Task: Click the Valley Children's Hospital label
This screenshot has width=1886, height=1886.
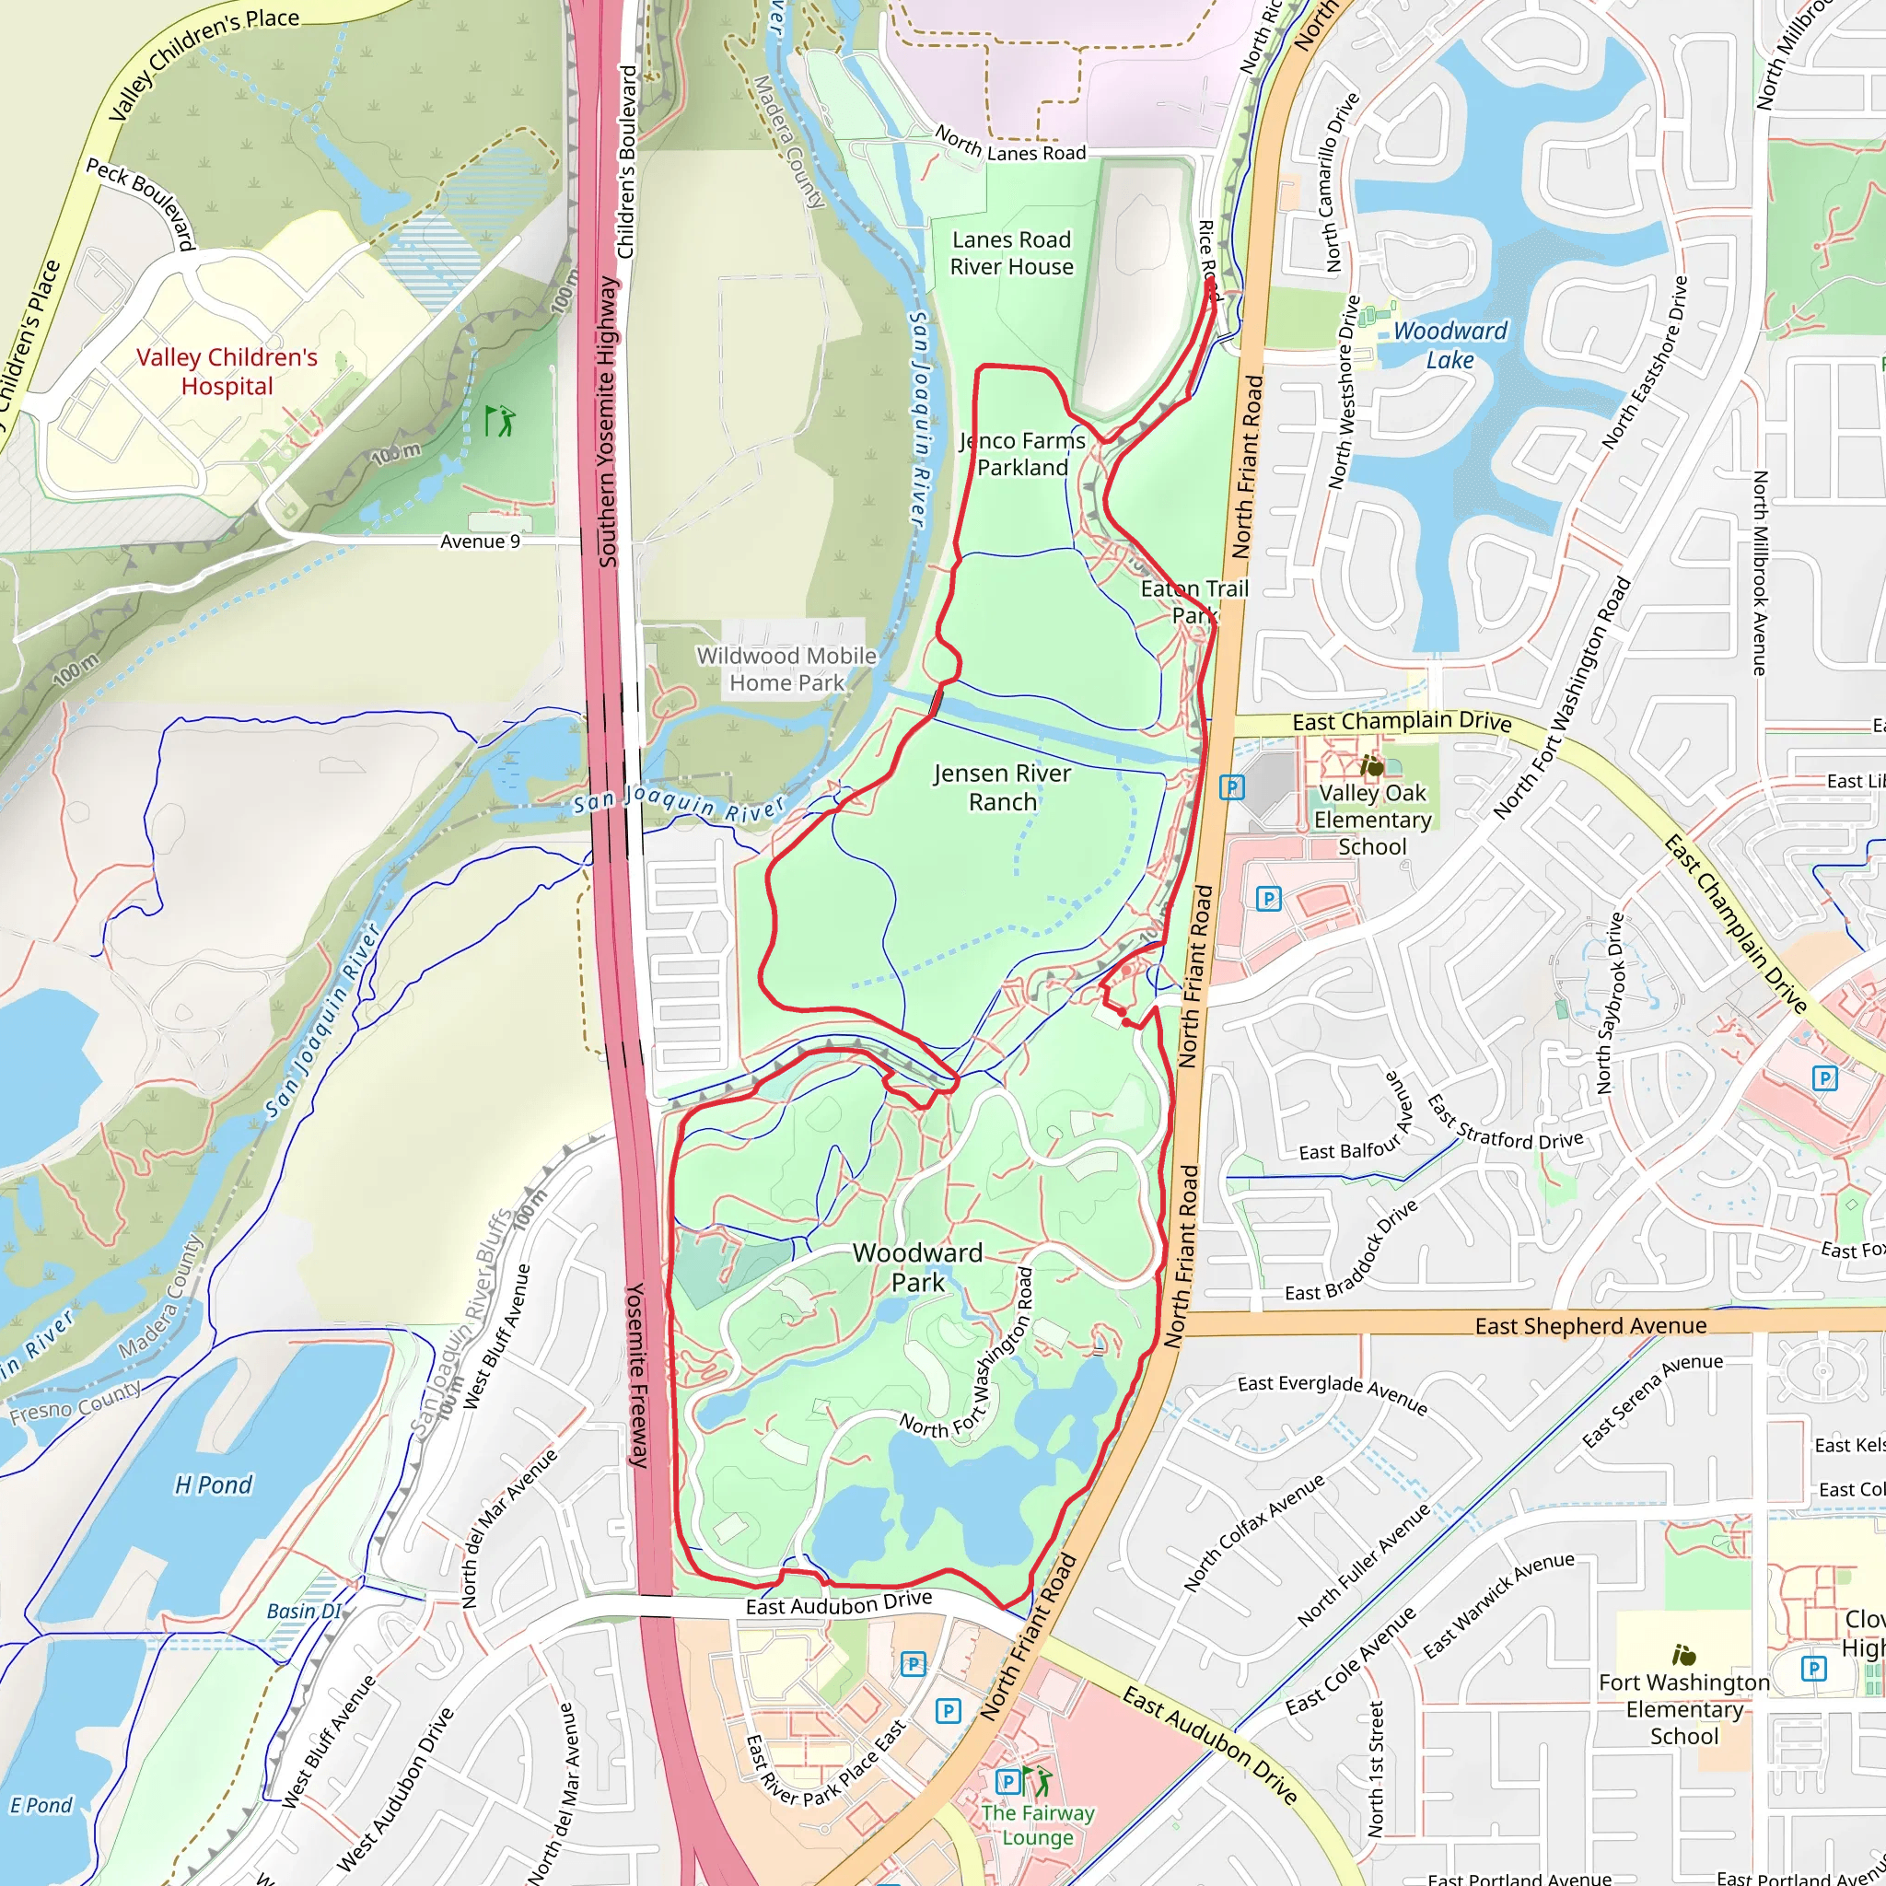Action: (227, 372)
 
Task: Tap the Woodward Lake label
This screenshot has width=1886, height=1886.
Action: (1449, 345)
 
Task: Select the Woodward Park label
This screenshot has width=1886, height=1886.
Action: (916, 1267)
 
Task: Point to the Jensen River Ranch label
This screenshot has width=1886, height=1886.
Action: (1002, 786)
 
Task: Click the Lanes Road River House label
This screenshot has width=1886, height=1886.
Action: (1011, 253)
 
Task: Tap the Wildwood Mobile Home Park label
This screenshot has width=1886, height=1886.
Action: (786, 669)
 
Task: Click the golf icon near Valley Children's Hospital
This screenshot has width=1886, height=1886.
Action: (500, 421)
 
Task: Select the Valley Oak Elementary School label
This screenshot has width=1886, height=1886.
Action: (1371, 820)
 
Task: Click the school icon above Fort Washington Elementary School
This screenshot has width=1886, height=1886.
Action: (1683, 1655)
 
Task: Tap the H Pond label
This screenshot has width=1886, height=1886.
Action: (213, 1484)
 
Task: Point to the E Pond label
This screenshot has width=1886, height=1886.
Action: (41, 1805)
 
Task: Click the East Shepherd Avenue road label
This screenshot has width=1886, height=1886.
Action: (1590, 1326)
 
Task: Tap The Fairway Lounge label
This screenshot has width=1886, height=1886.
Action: (1038, 1824)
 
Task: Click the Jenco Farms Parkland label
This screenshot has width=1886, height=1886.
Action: (1022, 454)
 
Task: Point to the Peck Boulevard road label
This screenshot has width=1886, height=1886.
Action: (141, 202)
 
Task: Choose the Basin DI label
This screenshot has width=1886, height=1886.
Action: (304, 1611)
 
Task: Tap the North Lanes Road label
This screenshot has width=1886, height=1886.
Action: (1009, 145)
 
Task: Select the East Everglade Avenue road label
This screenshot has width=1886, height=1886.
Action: (1333, 1394)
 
